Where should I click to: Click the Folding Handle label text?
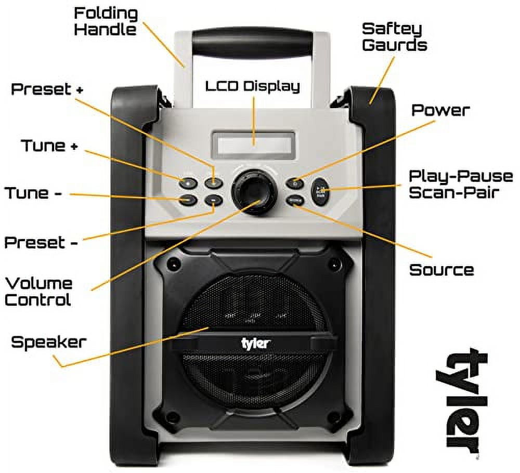click(x=106, y=21)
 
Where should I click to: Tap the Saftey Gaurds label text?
click(x=394, y=36)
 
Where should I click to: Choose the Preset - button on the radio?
click(x=213, y=200)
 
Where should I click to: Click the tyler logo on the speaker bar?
click(x=255, y=343)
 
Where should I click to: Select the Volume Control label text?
click(x=38, y=291)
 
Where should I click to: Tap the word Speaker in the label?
click(x=48, y=342)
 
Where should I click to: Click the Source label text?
click(x=441, y=270)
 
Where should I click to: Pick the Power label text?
click(x=440, y=110)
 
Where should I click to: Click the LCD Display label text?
click(x=252, y=86)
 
